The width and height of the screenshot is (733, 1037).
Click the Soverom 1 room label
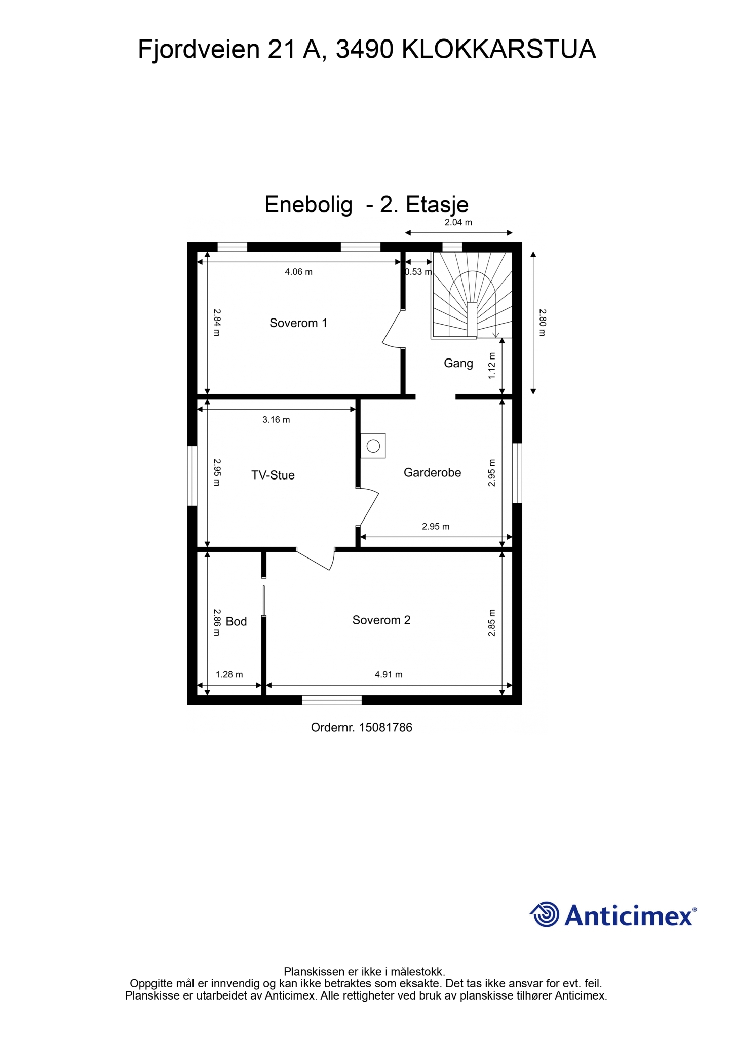point(298,323)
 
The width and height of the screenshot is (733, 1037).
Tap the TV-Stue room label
point(273,475)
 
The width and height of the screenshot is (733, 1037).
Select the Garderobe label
point(432,472)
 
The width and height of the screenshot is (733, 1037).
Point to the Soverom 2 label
point(381,620)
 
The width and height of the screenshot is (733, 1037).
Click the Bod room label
point(236,621)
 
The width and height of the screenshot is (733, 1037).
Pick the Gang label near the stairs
point(458,363)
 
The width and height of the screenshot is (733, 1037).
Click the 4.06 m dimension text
point(298,272)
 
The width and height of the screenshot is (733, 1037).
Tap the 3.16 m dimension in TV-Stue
point(276,419)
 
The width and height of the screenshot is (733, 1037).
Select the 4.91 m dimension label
point(389,674)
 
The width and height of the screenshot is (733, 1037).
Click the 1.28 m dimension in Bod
point(229,674)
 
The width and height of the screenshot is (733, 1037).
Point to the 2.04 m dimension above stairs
point(458,222)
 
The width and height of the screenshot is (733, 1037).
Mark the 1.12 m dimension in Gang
point(491,366)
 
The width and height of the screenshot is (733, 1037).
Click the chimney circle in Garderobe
point(373,446)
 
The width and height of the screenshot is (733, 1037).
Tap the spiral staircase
point(472,295)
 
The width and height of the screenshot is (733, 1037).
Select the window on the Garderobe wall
point(517,473)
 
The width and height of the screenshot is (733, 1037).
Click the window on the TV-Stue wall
point(192,475)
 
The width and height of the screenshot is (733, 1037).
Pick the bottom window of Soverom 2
point(332,700)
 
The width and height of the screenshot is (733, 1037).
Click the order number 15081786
point(386,728)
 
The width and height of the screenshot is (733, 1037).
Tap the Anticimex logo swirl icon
point(545,914)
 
